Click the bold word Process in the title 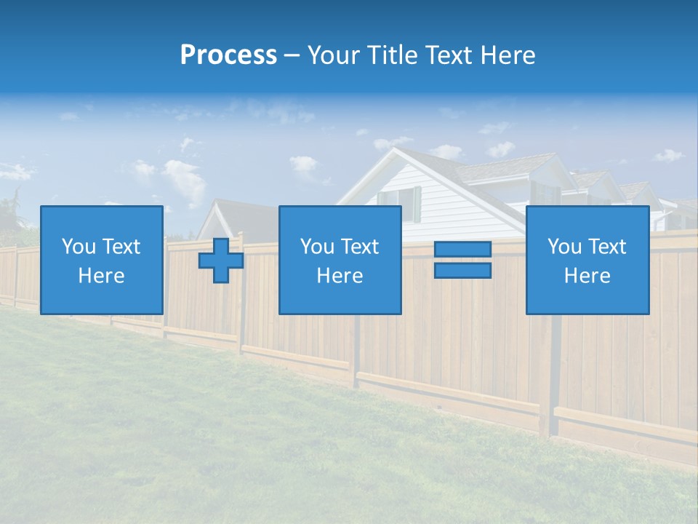(x=228, y=55)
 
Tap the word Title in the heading (x=392, y=55)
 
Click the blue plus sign (x=221, y=260)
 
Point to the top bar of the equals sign (x=462, y=250)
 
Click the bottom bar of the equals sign (x=462, y=271)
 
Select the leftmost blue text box (x=101, y=260)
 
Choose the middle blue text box (x=340, y=260)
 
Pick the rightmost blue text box (x=587, y=260)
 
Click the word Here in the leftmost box (x=101, y=276)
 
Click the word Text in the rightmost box (x=609, y=247)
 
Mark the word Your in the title (x=334, y=55)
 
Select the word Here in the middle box (x=340, y=276)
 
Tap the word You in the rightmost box (x=564, y=247)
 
